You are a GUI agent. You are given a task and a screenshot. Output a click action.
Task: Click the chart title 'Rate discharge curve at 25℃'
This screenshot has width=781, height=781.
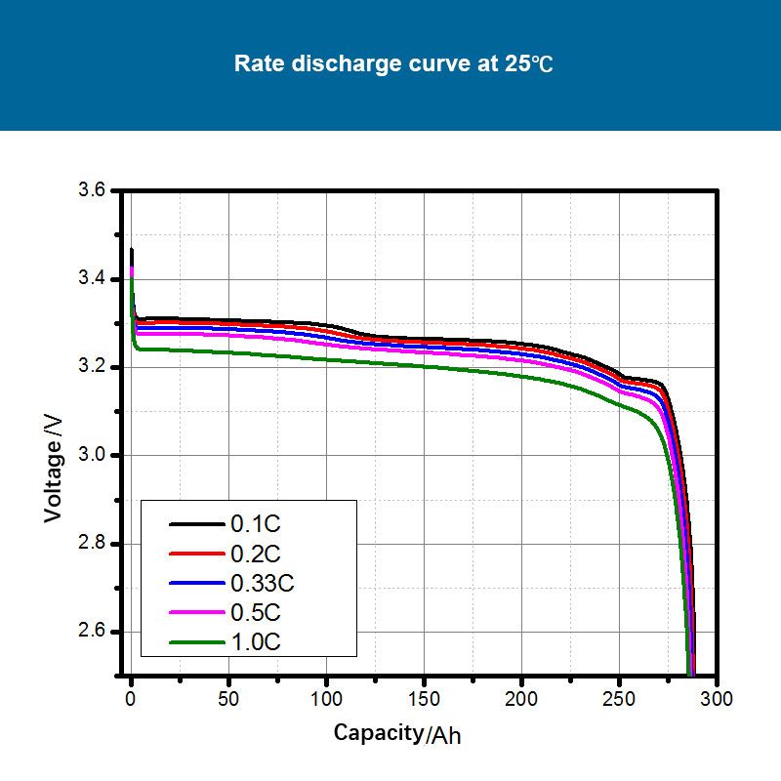coord(393,64)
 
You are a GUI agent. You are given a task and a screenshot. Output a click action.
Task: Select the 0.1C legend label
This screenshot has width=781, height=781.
coord(256,524)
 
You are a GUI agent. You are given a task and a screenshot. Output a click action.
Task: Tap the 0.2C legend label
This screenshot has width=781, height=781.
coord(256,554)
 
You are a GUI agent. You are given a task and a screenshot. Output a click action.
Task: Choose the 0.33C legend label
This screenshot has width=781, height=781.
coord(262,583)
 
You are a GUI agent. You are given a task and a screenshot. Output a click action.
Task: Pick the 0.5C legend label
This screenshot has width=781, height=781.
coord(256,612)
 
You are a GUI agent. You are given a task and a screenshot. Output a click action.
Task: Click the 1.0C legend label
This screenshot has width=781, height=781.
coord(256,641)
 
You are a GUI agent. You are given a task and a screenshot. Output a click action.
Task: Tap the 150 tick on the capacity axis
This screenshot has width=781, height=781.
coord(424,699)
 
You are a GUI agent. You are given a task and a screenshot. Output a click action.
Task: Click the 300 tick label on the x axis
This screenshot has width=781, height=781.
coord(717,699)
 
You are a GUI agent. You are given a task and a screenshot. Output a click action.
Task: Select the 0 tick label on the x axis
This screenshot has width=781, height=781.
coord(131,699)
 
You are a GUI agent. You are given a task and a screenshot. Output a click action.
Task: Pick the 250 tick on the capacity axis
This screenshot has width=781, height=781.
coord(619,699)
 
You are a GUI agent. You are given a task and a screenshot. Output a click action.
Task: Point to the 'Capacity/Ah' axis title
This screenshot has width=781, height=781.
coord(396,733)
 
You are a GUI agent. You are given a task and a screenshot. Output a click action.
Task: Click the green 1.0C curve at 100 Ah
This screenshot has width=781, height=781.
coord(326,360)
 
